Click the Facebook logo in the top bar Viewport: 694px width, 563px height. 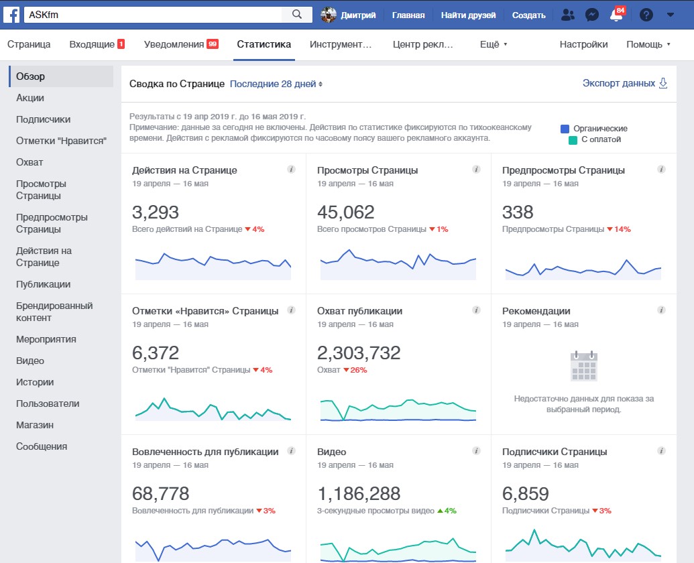click(x=11, y=15)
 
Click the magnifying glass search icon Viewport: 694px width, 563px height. click(x=297, y=15)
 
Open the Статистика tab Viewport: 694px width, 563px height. click(x=264, y=44)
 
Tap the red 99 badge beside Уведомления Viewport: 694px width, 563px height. click(x=213, y=44)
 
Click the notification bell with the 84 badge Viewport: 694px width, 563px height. click(x=616, y=15)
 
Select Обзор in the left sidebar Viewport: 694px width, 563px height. click(x=31, y=76)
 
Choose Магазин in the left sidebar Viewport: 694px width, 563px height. click(x=34, y=425)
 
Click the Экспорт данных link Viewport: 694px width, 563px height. click(x=619, y=83)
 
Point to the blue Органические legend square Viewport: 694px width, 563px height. click(x=565, y=129)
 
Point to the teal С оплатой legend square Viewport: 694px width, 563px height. click(x=573, y=140)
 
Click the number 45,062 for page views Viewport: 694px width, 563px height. click(x=346, y=212)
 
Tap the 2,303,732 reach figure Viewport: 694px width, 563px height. click(x=359, y=353)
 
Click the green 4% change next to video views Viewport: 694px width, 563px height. click(x=447, y=511)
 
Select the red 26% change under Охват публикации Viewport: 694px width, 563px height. click(x=355, y=370)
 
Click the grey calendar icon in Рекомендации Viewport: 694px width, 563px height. click(x=584, y=366)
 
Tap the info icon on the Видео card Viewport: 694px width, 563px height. click(x=476, y=451)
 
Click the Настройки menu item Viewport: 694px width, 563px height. click(x=583, y=44)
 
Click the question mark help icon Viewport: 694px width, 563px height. click(x=646, y=15)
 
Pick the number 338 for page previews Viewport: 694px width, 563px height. click(x=518, y=212)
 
